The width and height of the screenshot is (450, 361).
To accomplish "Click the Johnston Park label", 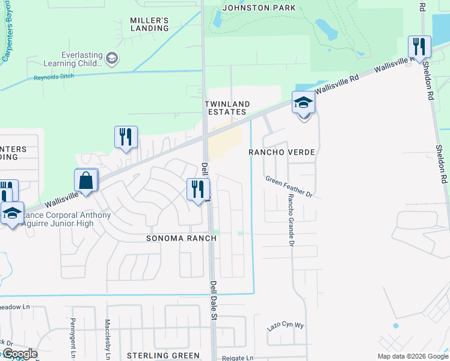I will (259, 8).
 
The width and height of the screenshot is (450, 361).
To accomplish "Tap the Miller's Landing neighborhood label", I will (149, 24).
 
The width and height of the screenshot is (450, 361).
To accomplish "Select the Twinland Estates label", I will (227, 108).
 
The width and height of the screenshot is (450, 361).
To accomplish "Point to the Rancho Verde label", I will (282, 152).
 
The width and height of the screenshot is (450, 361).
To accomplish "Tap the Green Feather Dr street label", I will (290, 186).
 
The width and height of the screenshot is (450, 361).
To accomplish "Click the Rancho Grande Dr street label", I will (290, 220).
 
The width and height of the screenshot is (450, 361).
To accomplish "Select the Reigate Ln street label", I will (237, 357).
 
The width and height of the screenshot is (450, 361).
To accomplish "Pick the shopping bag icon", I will (86, 180).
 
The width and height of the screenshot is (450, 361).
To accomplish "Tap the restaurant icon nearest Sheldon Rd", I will (419, 46).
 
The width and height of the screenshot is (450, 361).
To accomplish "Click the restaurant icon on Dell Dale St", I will (197, 190).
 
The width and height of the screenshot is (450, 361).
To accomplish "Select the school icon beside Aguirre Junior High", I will (12, 213).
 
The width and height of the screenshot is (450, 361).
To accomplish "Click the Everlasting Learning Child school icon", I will (111, 58).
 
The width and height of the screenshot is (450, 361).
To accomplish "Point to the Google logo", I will (19, 354).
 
